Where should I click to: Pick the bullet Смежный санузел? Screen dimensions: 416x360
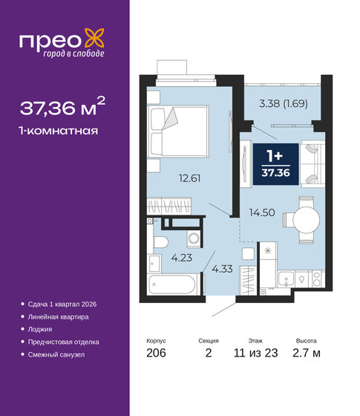coord(59,354)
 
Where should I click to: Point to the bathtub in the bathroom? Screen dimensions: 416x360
coord(172,285)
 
